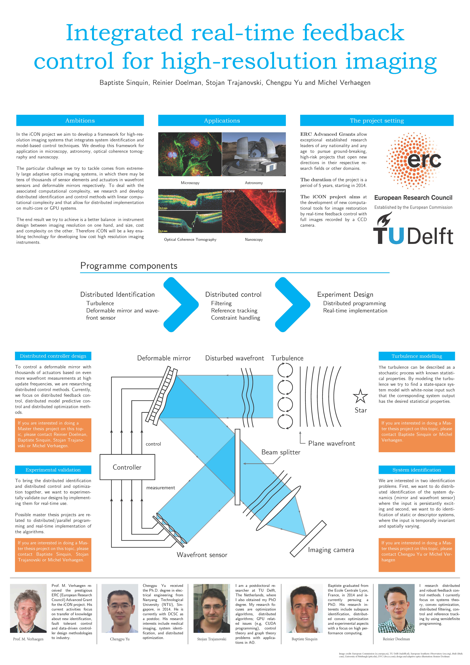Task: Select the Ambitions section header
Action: click(80, 120)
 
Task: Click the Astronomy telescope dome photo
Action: click(254, 154)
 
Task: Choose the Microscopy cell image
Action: click(190, 154)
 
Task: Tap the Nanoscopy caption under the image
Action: click(254, 239)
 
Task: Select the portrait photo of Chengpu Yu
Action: click(120, 608)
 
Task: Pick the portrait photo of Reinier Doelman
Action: click(396, 608)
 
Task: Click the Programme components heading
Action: click(129, 266)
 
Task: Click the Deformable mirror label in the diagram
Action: click(164, 358)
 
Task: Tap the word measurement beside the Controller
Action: click(161, 488)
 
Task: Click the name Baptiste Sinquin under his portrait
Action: click(304, 639)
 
